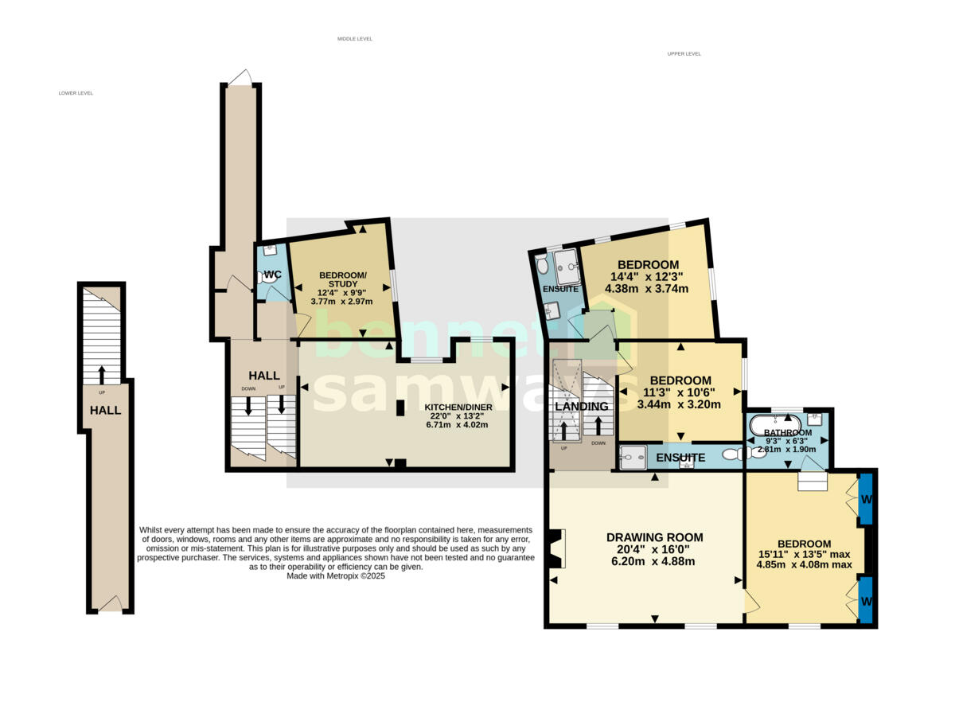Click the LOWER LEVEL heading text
(76, 93)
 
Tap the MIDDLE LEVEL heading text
(354, 39)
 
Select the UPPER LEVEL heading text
(684, 54)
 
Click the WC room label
(272, 275)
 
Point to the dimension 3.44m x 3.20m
(679, 404)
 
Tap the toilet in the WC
(265, 278)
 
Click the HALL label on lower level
(105, 411)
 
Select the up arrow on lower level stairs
(101, 374)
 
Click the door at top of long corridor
(240, 77)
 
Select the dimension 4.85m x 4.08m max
(804, 565)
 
